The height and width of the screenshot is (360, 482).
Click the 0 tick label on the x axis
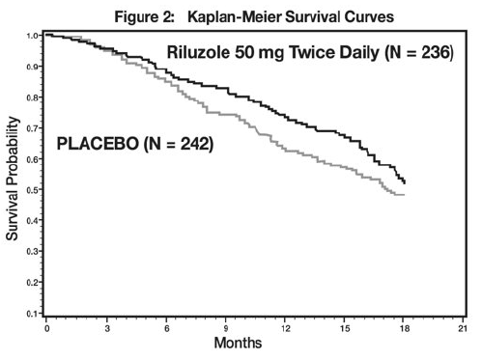tap(46, 329)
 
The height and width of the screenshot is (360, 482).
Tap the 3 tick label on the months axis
tap(106, 329)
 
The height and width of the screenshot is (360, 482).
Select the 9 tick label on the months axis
tap(226, 329)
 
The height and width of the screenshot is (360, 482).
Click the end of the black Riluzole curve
tap(405, 182)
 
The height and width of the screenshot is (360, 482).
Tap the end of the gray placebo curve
tap(404, 195)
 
